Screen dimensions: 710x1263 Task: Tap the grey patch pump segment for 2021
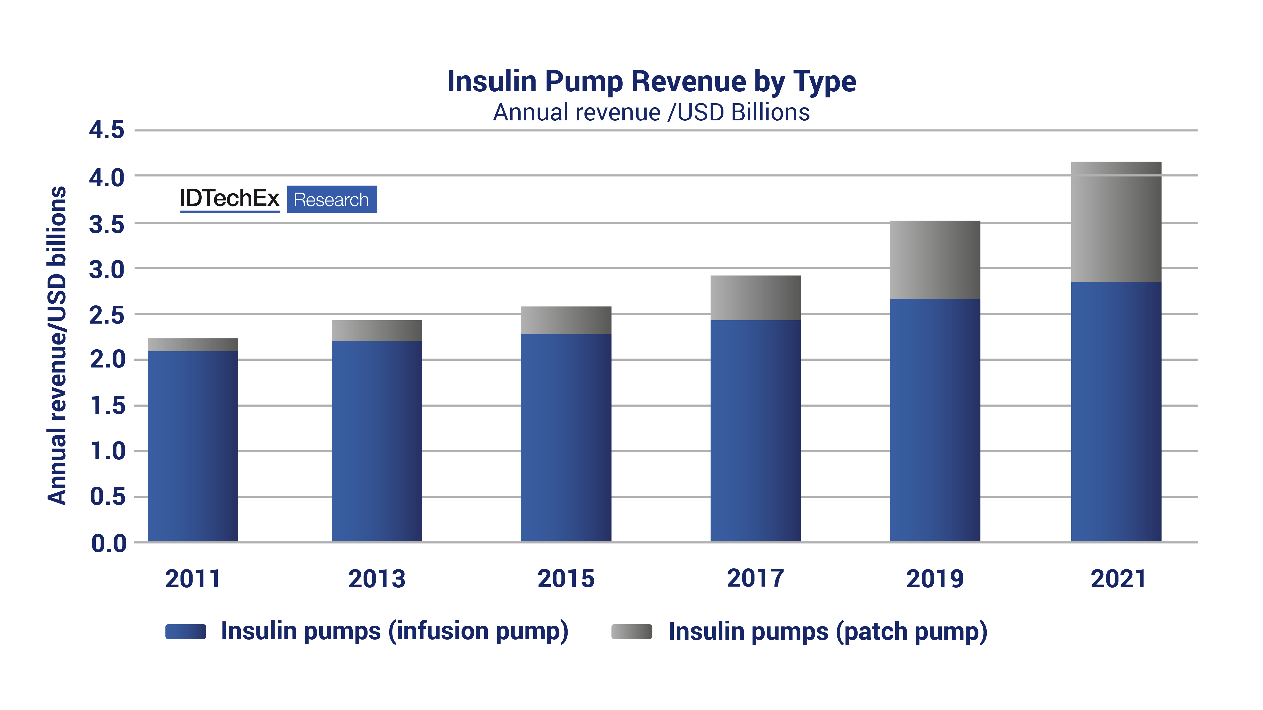[x=1116, y=222]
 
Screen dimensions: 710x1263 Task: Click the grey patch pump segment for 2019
[x=935, y=260]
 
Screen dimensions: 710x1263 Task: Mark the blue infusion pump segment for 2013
[x=377, y=441]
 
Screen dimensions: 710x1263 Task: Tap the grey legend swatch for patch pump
[x=631, y=632]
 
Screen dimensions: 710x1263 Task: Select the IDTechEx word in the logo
[x=229, y=198]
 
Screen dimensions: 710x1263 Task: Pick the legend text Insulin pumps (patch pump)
[x=828, y=632]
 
